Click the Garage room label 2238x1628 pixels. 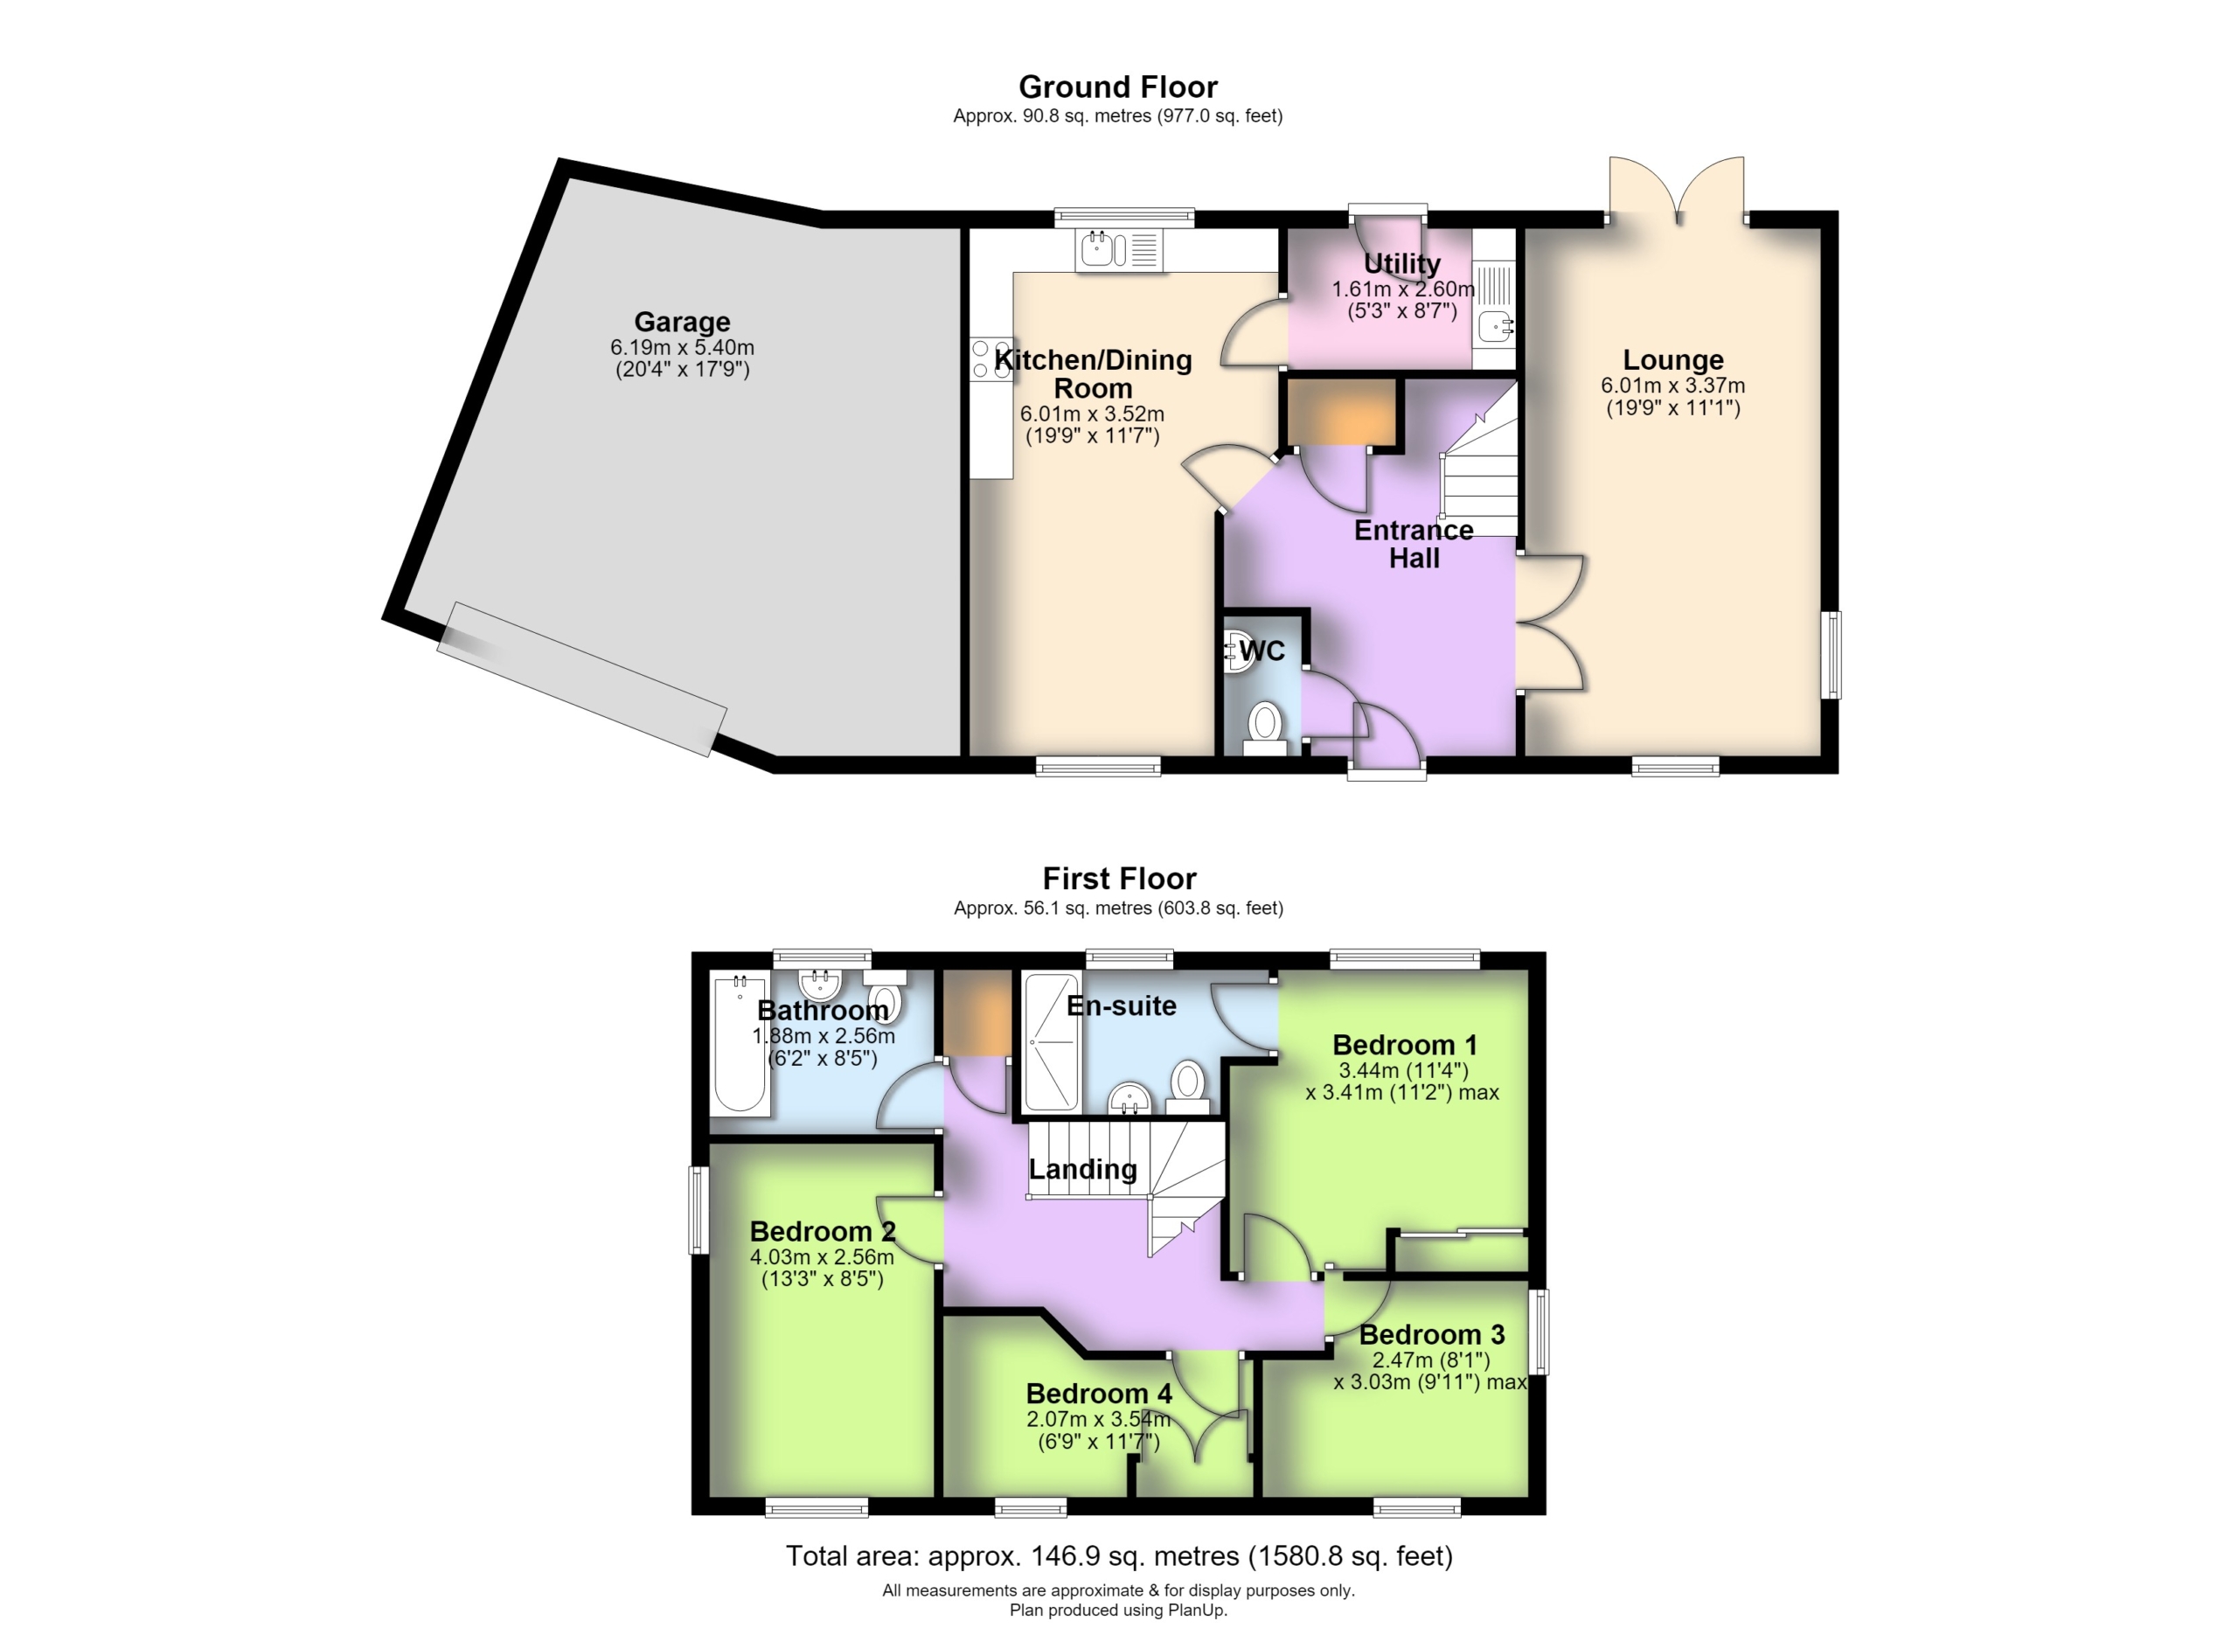click(x=682, y=322)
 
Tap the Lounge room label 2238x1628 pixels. click(x=1673, y=360)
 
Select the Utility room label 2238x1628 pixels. click(x=1401, y=263)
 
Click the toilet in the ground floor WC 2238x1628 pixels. click(x=1265, y=727)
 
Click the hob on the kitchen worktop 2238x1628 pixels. click(x=990, y=359)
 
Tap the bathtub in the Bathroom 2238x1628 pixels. click(x=740, y=1044)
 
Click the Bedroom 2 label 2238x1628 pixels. click(x=822, y=1231)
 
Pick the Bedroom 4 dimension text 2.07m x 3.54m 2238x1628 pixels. click(x=1098, y=1420)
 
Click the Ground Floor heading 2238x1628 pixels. click(x=1118, y=87)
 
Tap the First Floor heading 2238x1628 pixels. click(x=1119, y=878)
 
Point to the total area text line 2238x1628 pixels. click(x=1119, y=1556)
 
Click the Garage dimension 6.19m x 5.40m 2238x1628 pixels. click(x=682, y=347)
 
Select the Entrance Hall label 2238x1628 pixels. click(x=1414, y=544)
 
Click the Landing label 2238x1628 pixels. click(x=1082, y=1169)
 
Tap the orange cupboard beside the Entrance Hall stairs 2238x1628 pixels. click(x=1342, y=413)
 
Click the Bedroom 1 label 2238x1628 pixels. click(x=1404, y=1045)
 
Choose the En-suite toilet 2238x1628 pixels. click(x=1188, y=1088)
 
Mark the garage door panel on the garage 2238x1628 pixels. click(x=582, y=678)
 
